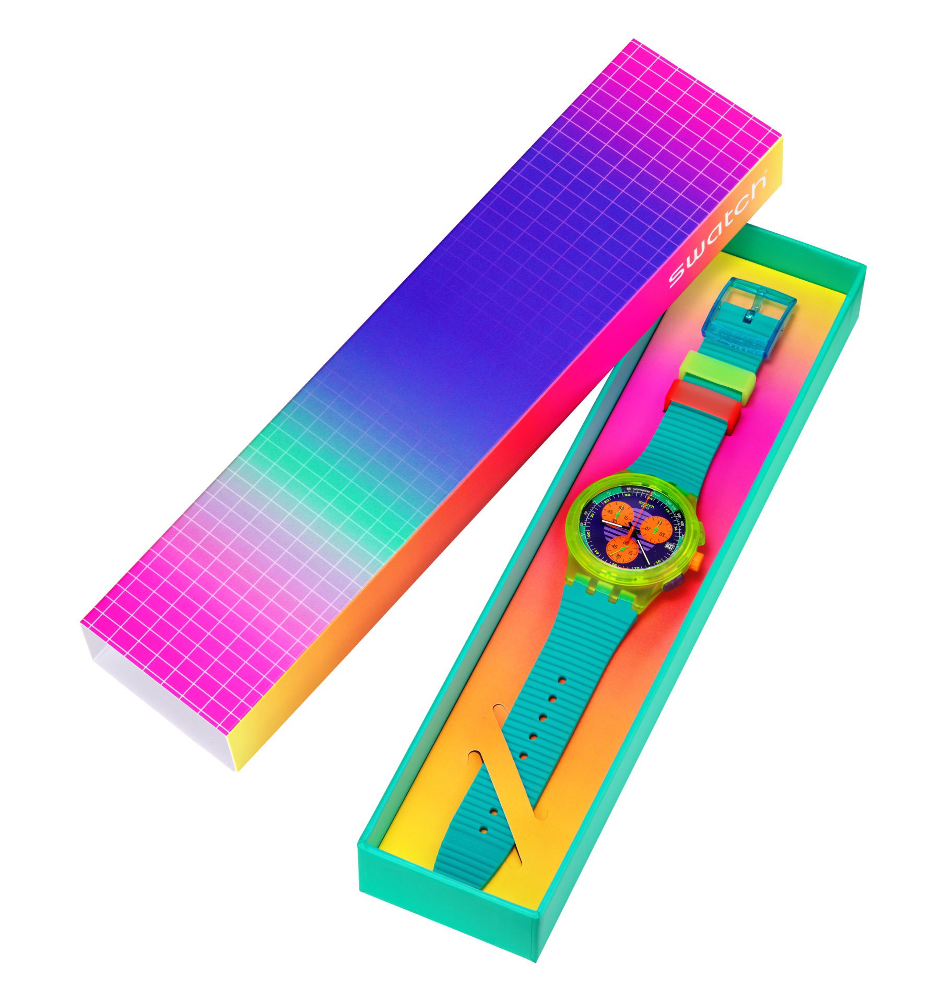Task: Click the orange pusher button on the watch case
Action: pos(696,563)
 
